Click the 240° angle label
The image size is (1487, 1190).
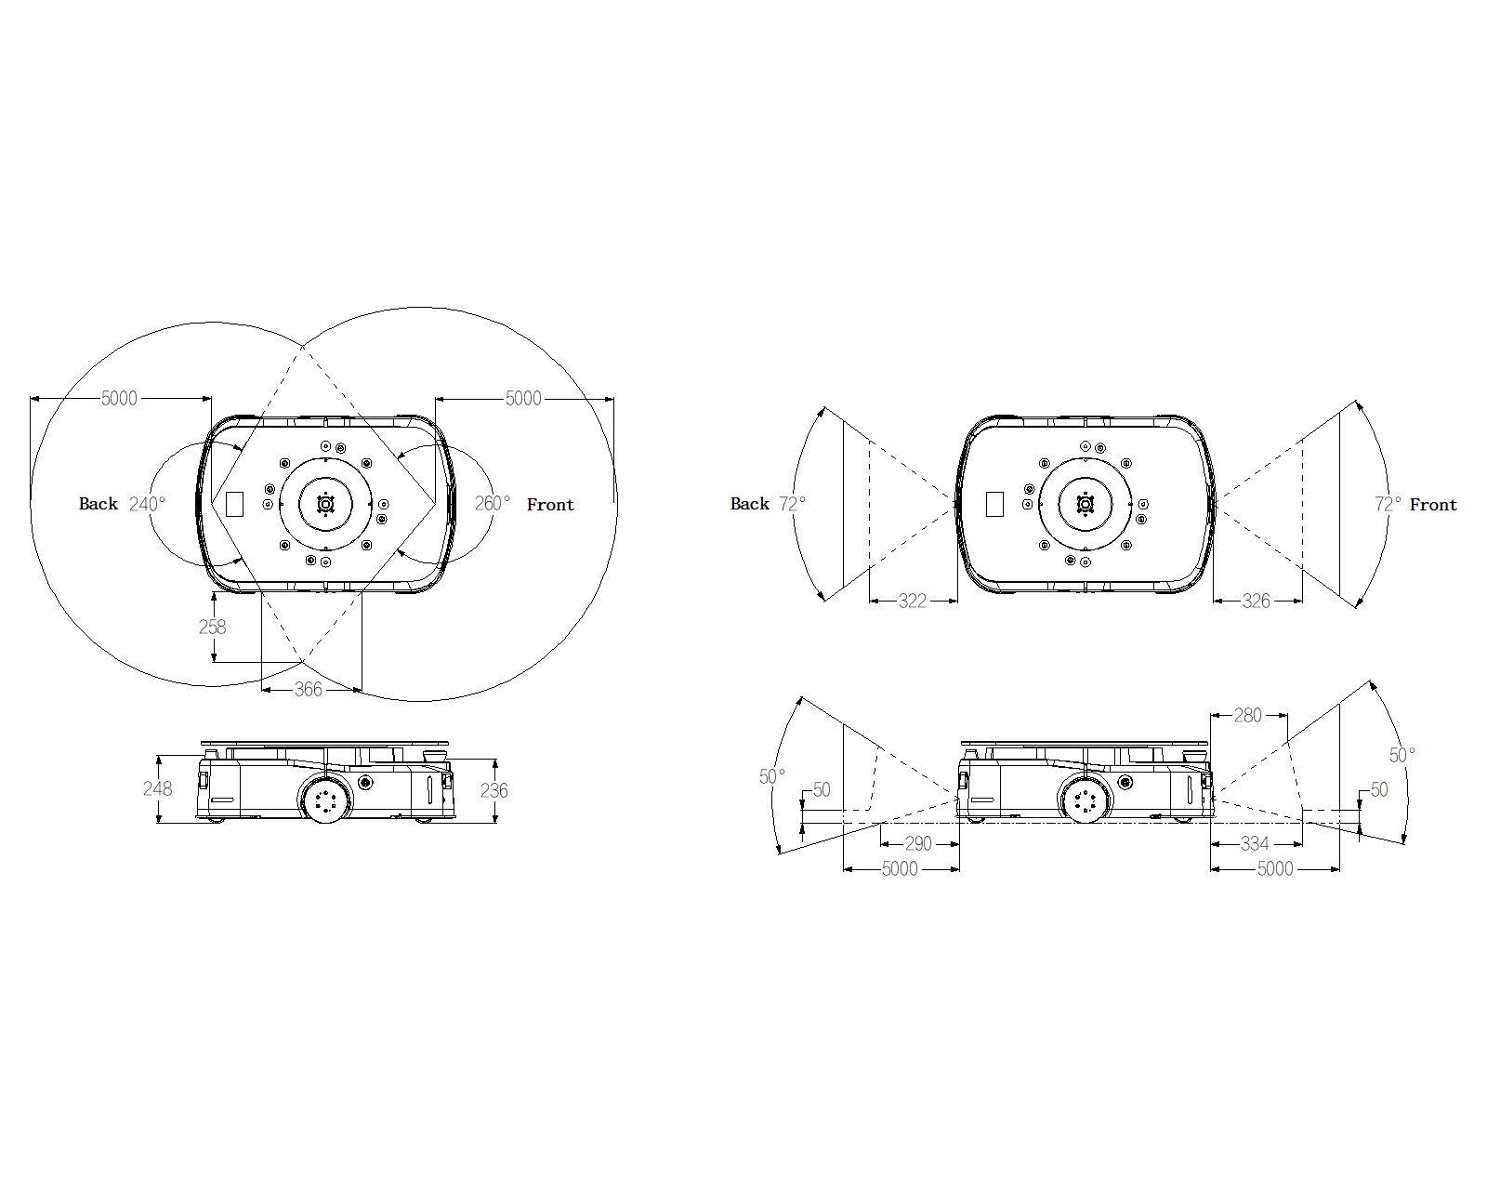point(147,504)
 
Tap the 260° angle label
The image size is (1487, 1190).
point(492,503)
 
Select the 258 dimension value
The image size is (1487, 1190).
point(212,628)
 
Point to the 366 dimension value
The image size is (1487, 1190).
point(309,690)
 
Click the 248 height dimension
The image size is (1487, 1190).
point(158,789)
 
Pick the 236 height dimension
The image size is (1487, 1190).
point(494,790)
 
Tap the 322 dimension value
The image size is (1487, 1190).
point(912,601)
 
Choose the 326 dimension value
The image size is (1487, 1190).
point(1257,601)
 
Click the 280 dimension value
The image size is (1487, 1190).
point(1248,715)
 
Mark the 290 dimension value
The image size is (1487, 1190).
point(918,843)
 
